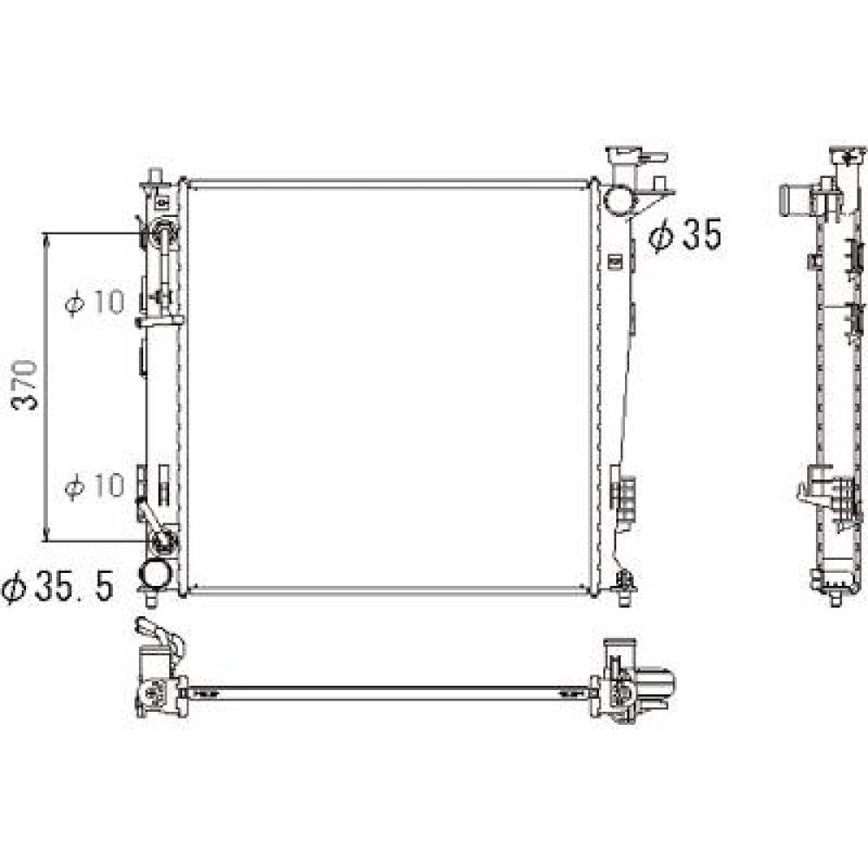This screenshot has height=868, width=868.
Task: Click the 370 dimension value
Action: pyautogui.click(x=25, y=385)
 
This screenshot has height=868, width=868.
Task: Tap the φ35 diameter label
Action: pyautogui.click(x=686, y=234)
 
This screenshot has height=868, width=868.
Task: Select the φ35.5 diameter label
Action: pyautogui.click(x=58, y=587)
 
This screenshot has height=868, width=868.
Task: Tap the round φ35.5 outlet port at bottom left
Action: pyautogui.click(x=155, y=574)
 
